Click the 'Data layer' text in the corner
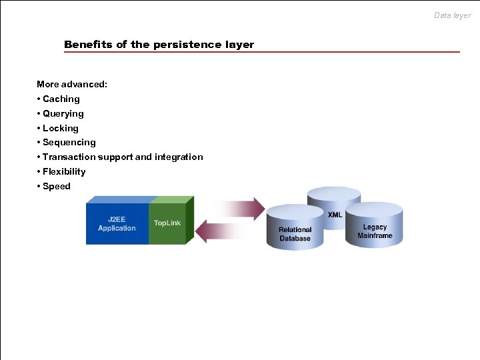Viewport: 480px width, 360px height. [x=452, y=15]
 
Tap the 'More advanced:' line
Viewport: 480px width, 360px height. [x=72, y=84]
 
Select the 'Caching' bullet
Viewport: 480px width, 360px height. [x=61, y=99]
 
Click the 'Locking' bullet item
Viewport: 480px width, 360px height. [x=60, y=128]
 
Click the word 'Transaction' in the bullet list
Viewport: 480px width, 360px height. [x=69, y=157]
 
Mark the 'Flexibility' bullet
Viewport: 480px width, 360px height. [x=64, y=171]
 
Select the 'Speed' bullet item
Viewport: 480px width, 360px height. [x=56, y=186]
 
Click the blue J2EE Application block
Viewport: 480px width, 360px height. [x=117, y=224]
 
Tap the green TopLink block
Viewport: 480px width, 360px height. [x=168, y=223]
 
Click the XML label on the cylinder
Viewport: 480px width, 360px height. [x=335, y=214]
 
